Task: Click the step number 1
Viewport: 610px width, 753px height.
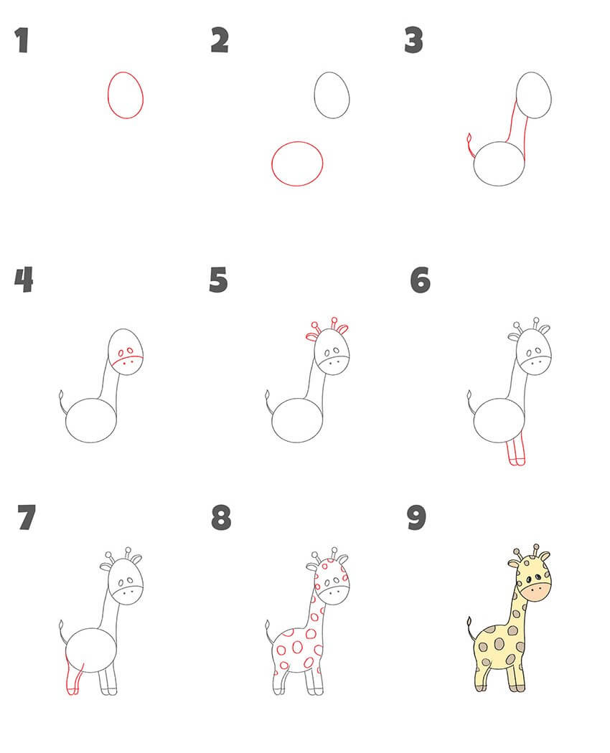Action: [22, 40]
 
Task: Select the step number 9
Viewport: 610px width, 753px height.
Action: [416, 518]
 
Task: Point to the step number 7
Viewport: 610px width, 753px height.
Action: [27, 518]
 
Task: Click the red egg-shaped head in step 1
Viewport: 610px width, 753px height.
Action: [108, 95]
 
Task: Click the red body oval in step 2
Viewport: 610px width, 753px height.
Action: [272, 164]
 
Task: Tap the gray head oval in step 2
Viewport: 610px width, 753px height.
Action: [314, 95]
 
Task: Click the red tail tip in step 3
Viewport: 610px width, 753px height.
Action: [469, 138]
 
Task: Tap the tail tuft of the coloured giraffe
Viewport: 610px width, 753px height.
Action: [469, 622]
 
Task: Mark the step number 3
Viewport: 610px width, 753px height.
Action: [414, 40]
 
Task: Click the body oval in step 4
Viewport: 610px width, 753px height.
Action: [66, 420]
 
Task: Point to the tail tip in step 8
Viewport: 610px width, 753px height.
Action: [267, 625]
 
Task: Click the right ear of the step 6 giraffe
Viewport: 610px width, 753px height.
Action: [544, 329]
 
